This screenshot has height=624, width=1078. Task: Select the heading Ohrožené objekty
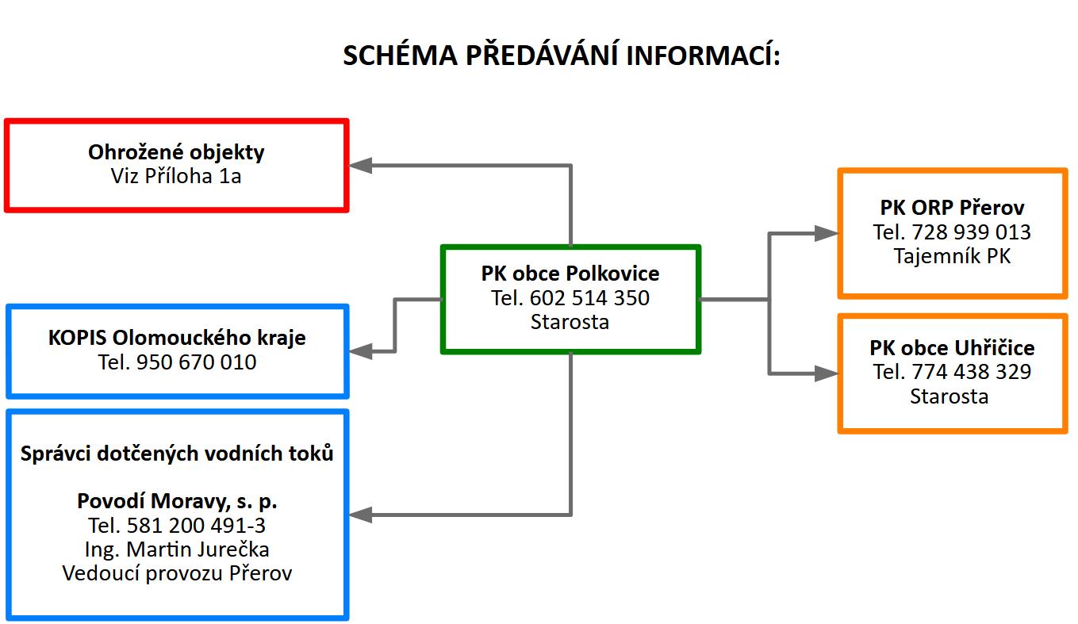[176, 152]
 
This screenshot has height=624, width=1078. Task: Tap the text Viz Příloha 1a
[176, 176]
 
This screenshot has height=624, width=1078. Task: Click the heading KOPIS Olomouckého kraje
[177, 338]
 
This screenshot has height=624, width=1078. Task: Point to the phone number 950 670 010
[197, 362]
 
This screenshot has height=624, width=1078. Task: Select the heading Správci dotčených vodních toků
[177, 454]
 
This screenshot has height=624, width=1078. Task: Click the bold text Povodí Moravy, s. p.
[177, 501]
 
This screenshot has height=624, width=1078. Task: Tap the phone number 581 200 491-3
[196, 526]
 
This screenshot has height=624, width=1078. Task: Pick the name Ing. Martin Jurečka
[177, 549]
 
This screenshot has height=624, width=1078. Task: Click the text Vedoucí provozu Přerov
[177, 573]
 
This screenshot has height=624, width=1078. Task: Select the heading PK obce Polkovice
[570, 274]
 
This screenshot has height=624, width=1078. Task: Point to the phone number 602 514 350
[589, 298]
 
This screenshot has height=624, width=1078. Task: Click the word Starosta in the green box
[570, 322]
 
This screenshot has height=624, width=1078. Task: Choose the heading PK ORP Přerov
[952, 208]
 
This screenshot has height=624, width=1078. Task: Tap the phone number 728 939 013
[971, 232]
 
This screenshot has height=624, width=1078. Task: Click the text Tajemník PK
[952, 256]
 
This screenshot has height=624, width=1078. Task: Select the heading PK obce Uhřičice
[952, 348]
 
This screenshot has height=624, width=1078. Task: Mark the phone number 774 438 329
[971, 372]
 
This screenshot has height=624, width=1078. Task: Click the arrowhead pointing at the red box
[360, 166]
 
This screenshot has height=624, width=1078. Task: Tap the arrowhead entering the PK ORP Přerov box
[827, 233]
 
